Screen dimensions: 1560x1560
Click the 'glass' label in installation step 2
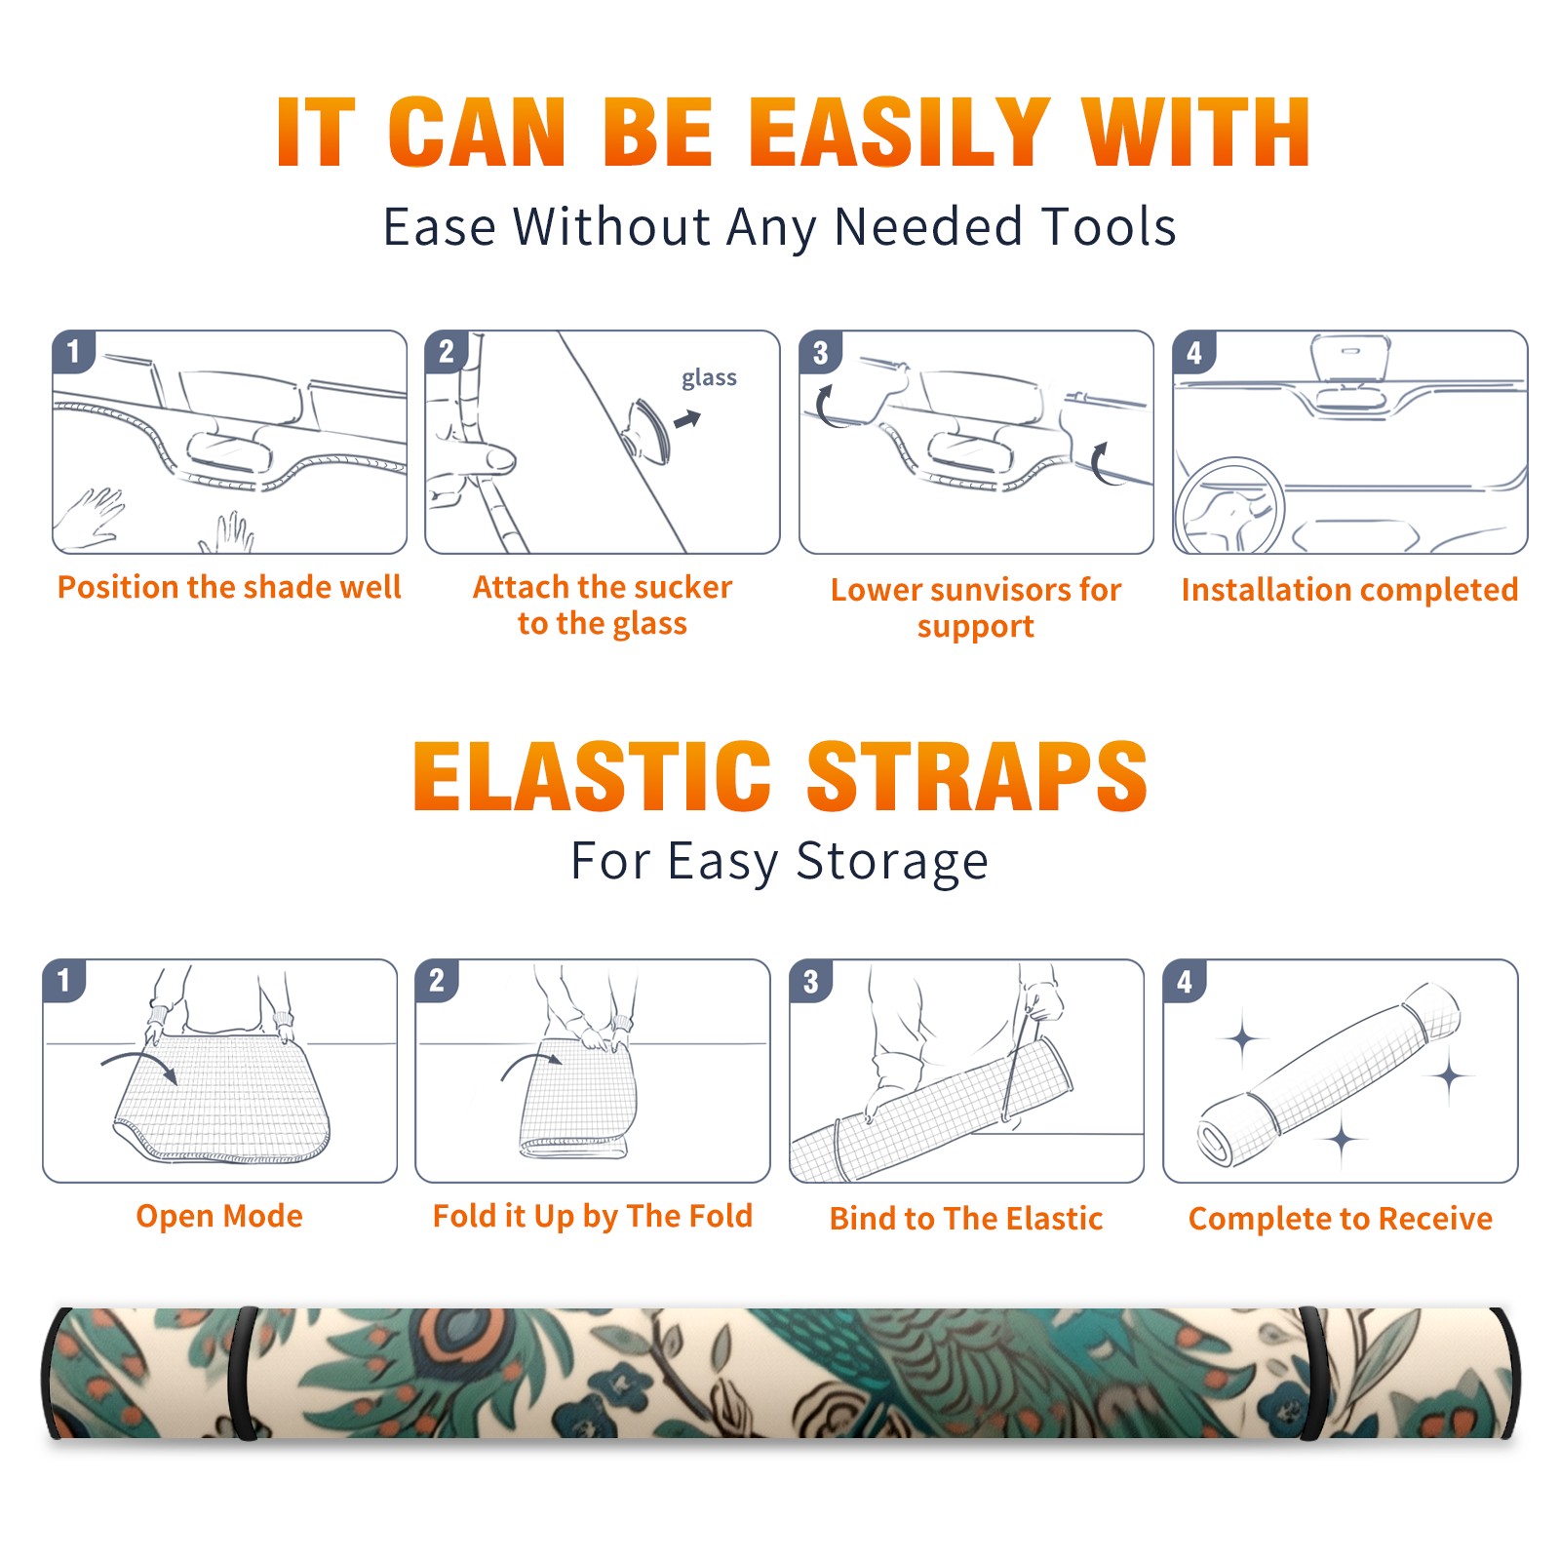pos(709,378)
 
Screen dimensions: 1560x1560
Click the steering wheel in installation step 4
pos(1230,504)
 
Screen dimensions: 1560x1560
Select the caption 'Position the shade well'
pos(229,587)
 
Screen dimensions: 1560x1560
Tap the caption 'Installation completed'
pos(1349,590)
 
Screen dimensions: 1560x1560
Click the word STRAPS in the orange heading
pos(977,776)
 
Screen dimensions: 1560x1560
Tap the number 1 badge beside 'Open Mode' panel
pos(64,981)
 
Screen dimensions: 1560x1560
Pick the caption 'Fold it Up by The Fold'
pos(593,1216)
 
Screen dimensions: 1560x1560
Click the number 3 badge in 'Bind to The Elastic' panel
pos(811,981)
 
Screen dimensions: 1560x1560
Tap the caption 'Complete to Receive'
pos(1341,1219)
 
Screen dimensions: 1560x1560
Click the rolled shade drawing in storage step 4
pos(1328,1074)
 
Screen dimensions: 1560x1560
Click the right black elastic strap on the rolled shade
pos(1313,1373)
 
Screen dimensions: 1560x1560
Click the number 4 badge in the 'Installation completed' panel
pos(1194,352)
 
